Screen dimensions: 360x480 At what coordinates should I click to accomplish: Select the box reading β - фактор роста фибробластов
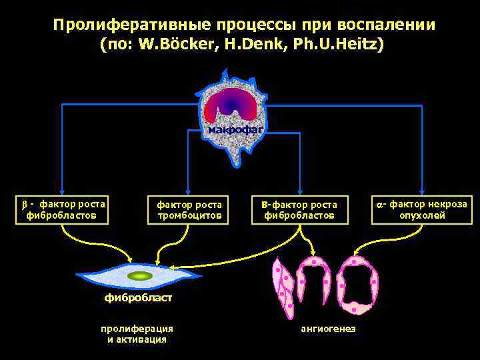point(61,209)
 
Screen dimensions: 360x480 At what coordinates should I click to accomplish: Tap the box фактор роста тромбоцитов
point(189,209)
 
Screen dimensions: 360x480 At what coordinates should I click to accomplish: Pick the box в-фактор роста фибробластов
point(300,209)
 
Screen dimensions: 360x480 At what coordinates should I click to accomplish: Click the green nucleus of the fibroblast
point(140,275)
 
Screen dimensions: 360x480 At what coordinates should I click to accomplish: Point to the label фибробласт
point(137,297)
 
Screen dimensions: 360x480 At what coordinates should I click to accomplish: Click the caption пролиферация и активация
point(137,333)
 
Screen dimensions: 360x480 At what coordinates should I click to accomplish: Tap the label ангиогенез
point(328,329)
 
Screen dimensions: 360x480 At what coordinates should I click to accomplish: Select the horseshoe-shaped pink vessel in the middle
point(314,283)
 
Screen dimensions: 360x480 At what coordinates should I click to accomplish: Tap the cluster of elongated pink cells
point(282,287)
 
